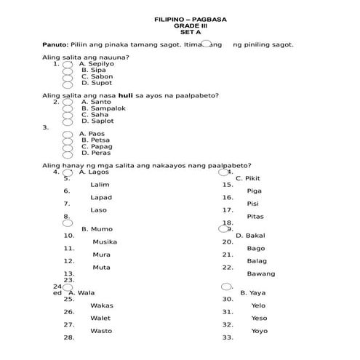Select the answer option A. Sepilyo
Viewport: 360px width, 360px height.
[96, 63]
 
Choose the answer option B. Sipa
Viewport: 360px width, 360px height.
[94, 70]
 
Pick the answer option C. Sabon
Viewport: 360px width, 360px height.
[97, 76]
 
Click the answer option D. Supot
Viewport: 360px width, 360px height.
[97, 83]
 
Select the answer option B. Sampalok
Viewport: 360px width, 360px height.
[103, 108]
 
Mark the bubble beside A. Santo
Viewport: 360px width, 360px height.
[68, 103]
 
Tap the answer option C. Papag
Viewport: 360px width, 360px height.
[97, 147]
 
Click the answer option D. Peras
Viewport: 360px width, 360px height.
[96, 153]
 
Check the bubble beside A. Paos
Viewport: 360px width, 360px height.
[68, 135]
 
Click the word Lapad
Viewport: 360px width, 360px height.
[101, 198]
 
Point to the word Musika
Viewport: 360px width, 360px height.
[105, 242]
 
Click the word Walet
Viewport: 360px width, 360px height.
[100, 319]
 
